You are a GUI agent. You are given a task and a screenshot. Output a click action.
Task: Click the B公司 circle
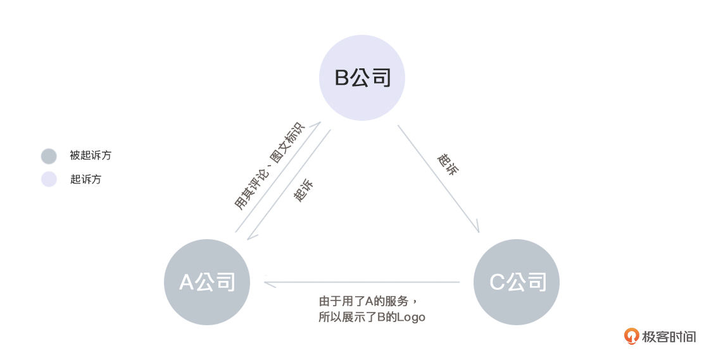click(362, 77)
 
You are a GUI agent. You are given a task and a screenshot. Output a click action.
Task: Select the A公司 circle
click(207, 282)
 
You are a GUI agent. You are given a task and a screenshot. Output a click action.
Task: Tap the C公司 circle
click(517, 282)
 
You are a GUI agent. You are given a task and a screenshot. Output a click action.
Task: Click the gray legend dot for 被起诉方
click(49, 156)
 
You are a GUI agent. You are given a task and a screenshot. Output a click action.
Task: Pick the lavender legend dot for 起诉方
click(49, 179)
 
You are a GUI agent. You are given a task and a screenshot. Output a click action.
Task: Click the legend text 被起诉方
click(91, 156)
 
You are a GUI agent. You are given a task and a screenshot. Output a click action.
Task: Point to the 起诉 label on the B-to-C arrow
click(448, 164)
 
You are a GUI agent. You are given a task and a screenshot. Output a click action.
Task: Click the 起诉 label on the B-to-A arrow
click(303, 189)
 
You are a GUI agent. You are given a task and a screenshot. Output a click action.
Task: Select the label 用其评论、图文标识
click(270, 166)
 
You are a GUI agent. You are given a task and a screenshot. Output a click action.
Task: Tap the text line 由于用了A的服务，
click(368, 301)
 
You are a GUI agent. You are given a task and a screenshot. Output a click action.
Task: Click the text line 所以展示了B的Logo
click(372, 317)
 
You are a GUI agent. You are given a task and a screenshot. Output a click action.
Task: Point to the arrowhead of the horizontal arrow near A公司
click(270, 282)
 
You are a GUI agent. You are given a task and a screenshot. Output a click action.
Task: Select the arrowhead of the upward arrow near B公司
click(317, 126)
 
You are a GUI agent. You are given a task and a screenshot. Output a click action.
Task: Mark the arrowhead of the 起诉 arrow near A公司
click(251, 235)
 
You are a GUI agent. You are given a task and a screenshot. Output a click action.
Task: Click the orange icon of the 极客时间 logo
click(631, 337)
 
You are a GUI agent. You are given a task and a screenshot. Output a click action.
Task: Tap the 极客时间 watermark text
click(669, 337)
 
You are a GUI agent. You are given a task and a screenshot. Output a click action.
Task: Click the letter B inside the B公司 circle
click(342, 78)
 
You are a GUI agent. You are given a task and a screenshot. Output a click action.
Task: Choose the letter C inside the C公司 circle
click(497, 282)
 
